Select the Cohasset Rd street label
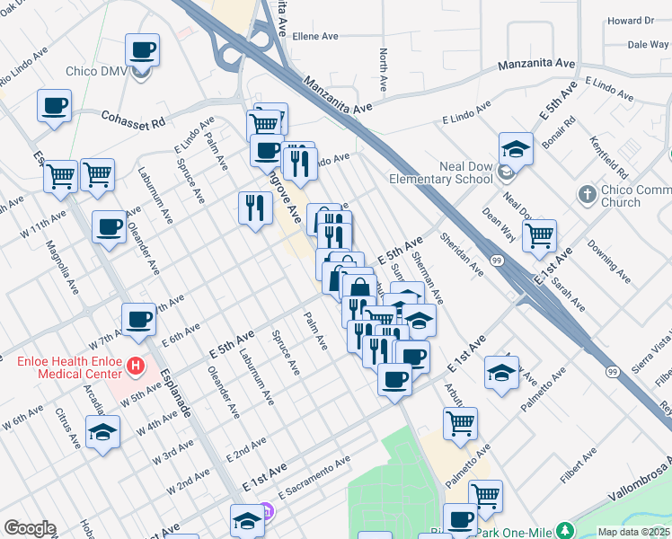coord(134,118)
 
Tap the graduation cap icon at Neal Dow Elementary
coord(517,147)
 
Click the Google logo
coord(30,528)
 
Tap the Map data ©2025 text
coord(633,532)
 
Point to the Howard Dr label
coord(630,21)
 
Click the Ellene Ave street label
coord(314,37)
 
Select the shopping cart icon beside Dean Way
coord(539,235)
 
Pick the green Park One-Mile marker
coord(564,530)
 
